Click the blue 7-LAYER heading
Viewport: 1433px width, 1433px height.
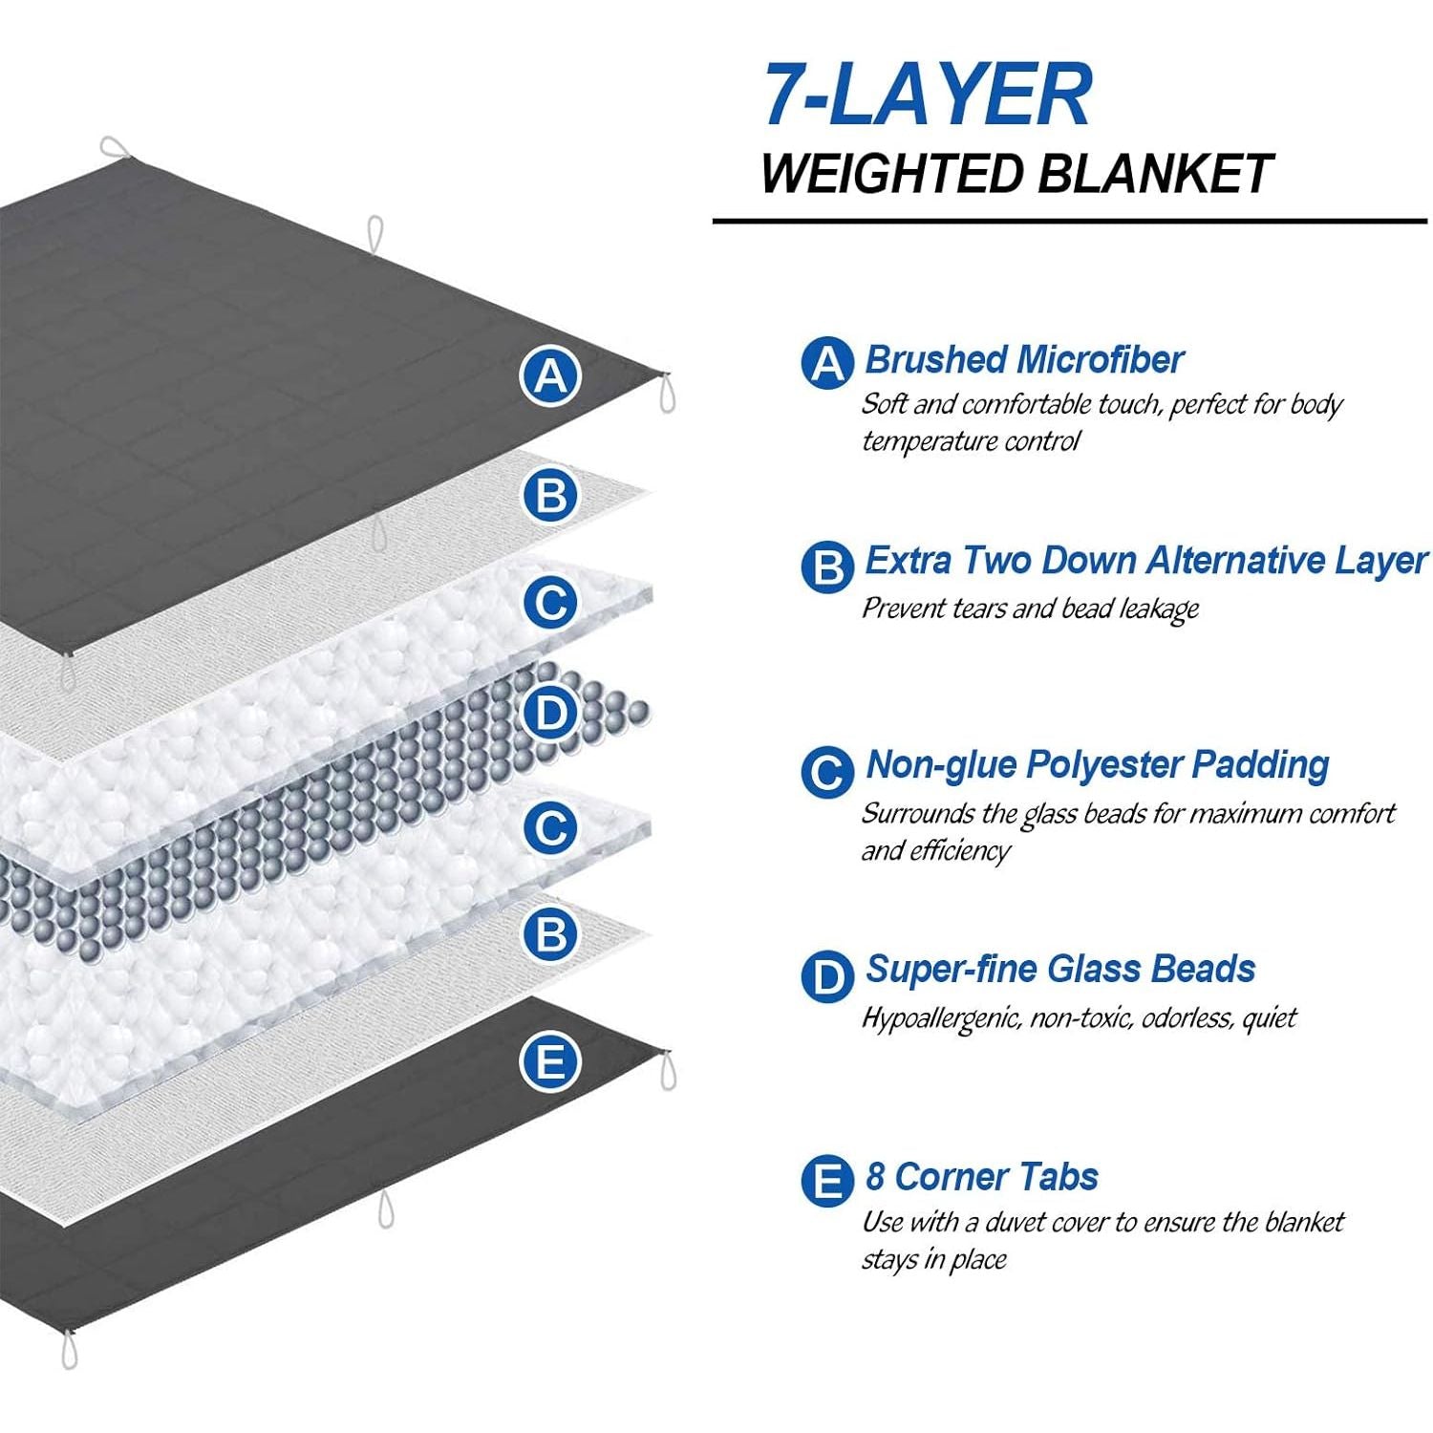(927, 96)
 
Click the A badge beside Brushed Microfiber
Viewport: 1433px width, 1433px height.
(826, 362)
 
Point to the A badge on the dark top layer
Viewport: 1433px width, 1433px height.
(550, 376)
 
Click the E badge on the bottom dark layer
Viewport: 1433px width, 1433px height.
(550, 1061)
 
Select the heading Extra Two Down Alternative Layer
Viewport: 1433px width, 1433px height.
(1145, 561)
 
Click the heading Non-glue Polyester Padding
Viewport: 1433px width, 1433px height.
(1097, 765)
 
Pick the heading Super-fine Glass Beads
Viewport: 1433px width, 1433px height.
(1059, 970)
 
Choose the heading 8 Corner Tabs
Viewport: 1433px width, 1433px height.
(981, 1177)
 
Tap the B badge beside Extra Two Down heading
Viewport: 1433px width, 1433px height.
(826, 567)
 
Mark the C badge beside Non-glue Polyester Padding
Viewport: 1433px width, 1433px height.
(826, 772)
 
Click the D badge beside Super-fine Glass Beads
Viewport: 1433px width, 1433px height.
(826, 976)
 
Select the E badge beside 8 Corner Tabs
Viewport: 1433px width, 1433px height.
(826, 1182)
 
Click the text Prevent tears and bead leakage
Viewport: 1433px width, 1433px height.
(1030, 609)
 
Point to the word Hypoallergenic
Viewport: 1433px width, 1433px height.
(941, 1018)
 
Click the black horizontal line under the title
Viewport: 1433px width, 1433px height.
(1069, 222)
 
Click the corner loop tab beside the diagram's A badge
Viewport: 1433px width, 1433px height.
(667, 393)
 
